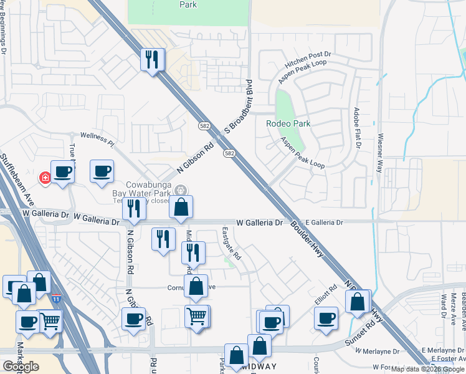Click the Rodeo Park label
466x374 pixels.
coord(288,123)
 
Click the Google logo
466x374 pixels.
coord(21,367)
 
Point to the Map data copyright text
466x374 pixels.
coord(427,369)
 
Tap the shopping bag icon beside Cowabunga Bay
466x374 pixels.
coord(181,208)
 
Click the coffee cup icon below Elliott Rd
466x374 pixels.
coord(325,318)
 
